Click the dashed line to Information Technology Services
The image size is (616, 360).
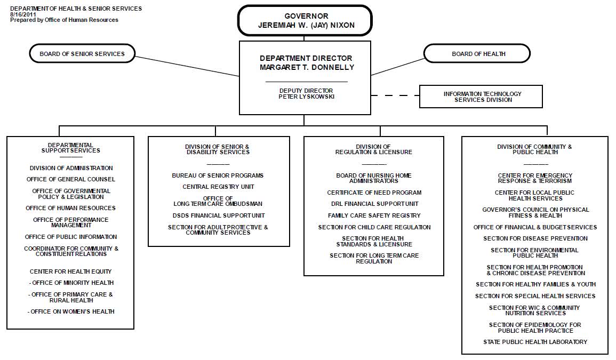pyautogui.click(x=395, y=95)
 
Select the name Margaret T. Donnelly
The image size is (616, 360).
pyautogui.click(x=307, y=67)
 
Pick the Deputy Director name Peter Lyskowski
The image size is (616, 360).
pyautogui.click(x=307, y=97)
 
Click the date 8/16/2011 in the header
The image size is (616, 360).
pyautogui.click(x=23, y=14)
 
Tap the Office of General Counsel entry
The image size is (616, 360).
pyautogui.click(x=71, y=179)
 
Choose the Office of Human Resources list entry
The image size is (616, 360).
pyautogui.click(x=71, y=208)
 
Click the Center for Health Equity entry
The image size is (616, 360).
pyautogui.click(x=71, y=271)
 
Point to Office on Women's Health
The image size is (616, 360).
pyautogui.click(x=71, y=311)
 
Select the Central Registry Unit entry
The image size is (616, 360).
pyautogui.click(x=219, y=187)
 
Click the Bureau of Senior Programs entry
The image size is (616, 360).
pyautogui.click(x=218, y=175)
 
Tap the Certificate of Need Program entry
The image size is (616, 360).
pyautogui.click(x=374, y=193)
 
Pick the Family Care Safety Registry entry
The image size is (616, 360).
pyautogui.click(x=374, y=215)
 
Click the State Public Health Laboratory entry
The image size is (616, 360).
pyautogui.click(x=535, y=342)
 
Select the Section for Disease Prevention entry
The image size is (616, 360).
pyautogui.click(x=535, y=238)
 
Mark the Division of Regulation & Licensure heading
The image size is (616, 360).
pyautogui.click(x=374, y=149)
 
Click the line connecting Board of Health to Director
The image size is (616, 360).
pyautogui.click(x=397, y=67)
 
